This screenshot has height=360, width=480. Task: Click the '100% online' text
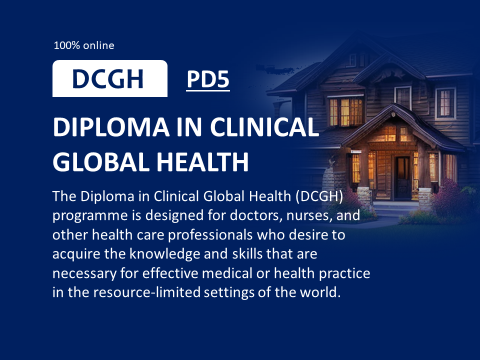(84, 45)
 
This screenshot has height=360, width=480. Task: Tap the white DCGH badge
(110, 78)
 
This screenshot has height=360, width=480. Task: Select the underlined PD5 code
(208, 79)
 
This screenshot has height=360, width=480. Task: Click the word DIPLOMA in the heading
(111, 127)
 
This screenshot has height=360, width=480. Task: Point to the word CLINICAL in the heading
(264, 127)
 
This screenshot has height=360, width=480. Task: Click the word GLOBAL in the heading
(101, 161)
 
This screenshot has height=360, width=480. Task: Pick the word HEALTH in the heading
(202, 161)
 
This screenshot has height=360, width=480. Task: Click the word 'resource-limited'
(147, 292)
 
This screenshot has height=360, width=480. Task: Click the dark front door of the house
(402, 177)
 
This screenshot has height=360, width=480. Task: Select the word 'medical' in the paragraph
(227, 273)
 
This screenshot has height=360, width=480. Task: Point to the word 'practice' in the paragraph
(344, 273)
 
